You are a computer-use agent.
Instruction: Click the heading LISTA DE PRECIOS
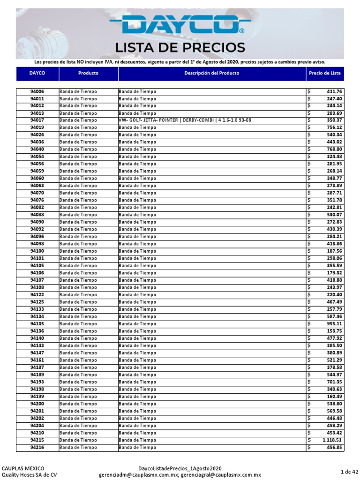click(180, 47)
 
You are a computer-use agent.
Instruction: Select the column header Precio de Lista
click(325, 74)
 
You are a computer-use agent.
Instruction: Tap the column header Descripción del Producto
click(212, 74)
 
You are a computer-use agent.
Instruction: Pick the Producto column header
click(88, 74)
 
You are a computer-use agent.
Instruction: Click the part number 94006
click(37, 91)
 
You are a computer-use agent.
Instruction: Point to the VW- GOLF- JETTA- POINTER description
click(185, 120)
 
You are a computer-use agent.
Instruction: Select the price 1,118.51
click(332, 441)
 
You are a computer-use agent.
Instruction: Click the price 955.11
click(335, 324)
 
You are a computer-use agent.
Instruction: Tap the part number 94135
click(37, 324)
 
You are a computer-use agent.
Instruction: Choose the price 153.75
click(335, 331)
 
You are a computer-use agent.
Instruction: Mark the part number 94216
click(37, 448)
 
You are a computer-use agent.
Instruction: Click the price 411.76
click(335, 91)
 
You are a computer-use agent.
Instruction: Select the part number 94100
click(37, 251)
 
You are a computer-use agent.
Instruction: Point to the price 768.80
click(335, 150)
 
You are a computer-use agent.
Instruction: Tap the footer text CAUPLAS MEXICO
click(23, 468)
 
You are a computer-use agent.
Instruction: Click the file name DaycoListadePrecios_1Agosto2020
click(180, 468)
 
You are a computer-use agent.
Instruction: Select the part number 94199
click(37, 397)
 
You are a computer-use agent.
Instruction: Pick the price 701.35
click(335, 382)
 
